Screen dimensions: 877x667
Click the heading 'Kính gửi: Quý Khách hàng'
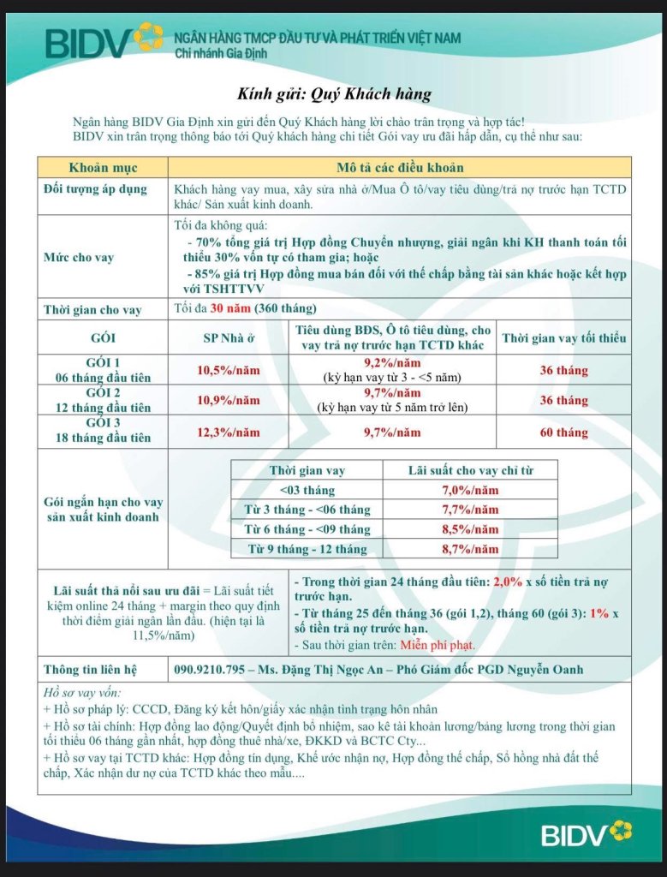point(334,94)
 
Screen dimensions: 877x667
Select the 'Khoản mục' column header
point(103,167)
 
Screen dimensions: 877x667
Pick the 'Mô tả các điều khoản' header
point(401,167)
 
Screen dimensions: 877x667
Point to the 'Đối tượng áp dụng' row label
point(95,188)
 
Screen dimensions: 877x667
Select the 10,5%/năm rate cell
point(229,371)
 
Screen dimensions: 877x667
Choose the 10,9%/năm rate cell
point(229,401)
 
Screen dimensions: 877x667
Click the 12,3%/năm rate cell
point(229,433)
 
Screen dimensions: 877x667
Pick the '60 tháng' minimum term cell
point(563,433)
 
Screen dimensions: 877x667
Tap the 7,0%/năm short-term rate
point(469,491)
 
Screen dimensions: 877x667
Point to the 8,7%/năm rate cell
point(469,549)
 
